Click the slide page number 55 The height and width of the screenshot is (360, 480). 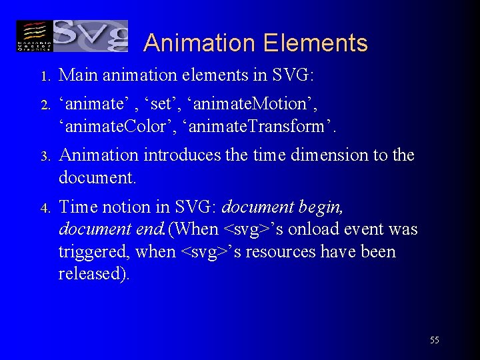pyautogui.click(x=434, y=340)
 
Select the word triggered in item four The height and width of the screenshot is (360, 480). pyautogui.click(x=93, y=253)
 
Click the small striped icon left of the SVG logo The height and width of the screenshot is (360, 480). pyautogui.click(x=33, y=35)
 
